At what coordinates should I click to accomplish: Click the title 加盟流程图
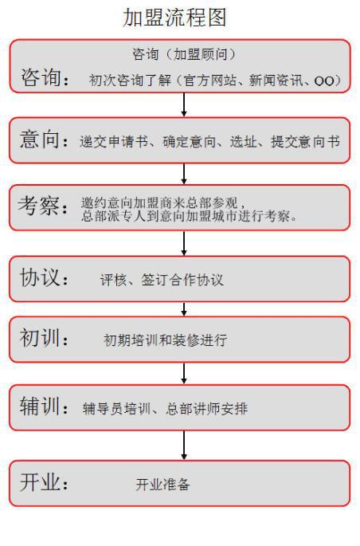(x=174, y=18)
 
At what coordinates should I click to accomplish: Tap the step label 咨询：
(x=45, y=77)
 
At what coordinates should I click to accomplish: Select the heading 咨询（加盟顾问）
(x=184, y=54)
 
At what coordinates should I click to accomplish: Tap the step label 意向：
(x=44, y=139)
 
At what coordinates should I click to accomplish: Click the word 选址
(x=244, y=141)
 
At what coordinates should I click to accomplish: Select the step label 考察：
(x=43, y=206)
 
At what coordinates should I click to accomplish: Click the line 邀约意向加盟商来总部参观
(x=159, y=202)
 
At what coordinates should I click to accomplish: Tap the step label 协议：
(x=44, y=277)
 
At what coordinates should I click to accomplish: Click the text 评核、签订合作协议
(x=162, y=280)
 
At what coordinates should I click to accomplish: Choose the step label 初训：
(x=44, y=338)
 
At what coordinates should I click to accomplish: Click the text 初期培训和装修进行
(x=166, y=340)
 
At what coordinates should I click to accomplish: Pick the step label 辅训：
(x=44, y=406)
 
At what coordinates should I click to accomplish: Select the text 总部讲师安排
(x=206, y=408)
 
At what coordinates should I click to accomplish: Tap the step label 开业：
(x=44, y=482)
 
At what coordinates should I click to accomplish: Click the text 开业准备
(x=162, y=485)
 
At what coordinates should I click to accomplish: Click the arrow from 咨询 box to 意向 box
(x=184, y=104)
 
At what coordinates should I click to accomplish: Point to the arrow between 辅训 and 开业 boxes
(x=184, y=446)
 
